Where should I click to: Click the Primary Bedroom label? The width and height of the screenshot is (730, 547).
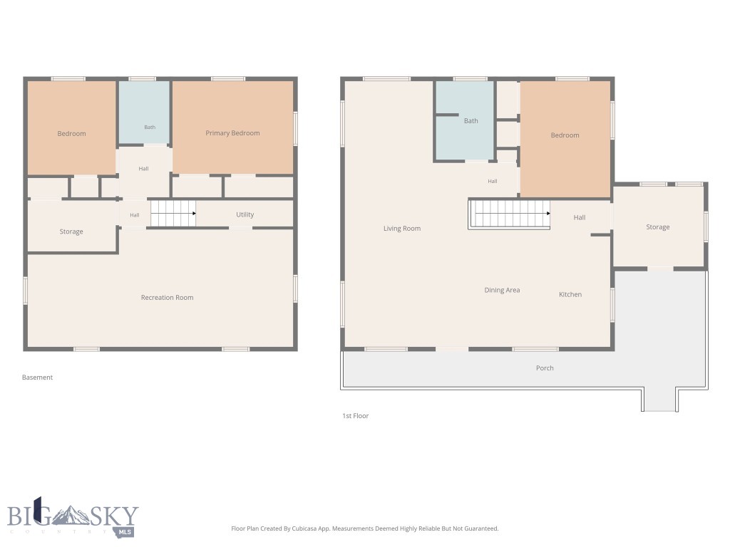(x=232, y=133)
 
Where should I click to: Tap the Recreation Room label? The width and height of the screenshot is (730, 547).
(x=167, y=298)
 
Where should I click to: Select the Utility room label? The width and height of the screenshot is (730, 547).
(x=245, y=214)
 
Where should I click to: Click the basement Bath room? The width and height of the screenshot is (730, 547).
(x=144, y=113)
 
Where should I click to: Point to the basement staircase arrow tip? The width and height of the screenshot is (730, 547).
(x=195, y=214)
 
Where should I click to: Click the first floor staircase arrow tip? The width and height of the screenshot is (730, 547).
(x=549, y=214)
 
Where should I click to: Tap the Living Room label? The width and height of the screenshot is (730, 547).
(x=402, y=229)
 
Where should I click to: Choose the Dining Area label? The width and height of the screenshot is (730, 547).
(x=502, y=291)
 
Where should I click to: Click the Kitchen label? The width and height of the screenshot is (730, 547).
(x=570, y=294)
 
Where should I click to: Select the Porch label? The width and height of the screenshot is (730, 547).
(x=545, y=368)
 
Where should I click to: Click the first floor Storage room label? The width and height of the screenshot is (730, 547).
(x=658, y=227)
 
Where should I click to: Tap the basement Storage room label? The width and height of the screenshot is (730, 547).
(x=71, y=231)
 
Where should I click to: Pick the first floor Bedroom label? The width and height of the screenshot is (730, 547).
(x=565, y=135)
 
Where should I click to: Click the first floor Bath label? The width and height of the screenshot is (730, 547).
(x=471, y=121)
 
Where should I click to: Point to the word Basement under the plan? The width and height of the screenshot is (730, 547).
(x=37, y=377)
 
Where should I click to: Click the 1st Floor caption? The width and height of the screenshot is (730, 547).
(x=355, y=416)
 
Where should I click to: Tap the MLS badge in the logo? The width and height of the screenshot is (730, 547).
(x=124, y=532)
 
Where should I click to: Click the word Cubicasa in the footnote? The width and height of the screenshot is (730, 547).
(x=305, y=528)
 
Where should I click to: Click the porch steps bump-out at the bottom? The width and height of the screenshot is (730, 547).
(x=659, y=400)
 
